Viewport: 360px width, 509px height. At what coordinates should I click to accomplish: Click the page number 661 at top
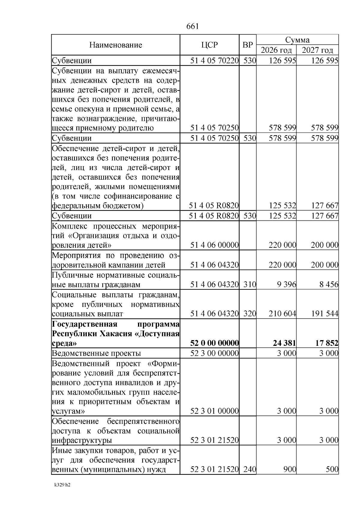coord(192,26)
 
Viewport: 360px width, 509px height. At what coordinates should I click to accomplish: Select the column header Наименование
coord(115,45)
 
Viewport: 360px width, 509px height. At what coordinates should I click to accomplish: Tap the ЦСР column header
coord(209,45)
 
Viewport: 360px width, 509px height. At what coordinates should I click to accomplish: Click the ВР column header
coord(247,45)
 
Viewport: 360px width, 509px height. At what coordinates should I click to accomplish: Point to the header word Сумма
coord(297,40)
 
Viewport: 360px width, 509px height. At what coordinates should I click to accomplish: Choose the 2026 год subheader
coord(276,50)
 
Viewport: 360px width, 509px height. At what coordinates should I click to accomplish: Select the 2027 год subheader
coord(317,50)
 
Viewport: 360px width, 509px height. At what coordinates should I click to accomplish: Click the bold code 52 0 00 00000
coord(214,343)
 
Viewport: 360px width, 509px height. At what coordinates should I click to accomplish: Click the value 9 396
coord(287,284)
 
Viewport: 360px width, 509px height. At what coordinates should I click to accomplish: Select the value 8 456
coord(329,284)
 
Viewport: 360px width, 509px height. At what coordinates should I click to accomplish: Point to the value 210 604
coord(282,314)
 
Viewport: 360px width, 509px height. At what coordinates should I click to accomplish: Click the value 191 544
coord(324,314)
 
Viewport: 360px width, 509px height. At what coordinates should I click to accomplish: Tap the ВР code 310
coord(250,284)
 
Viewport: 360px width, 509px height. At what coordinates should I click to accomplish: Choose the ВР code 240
coord(250,469)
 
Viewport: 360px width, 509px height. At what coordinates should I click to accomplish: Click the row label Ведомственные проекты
coord(96,353)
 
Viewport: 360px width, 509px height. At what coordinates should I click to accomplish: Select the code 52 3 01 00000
coord(214,411)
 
